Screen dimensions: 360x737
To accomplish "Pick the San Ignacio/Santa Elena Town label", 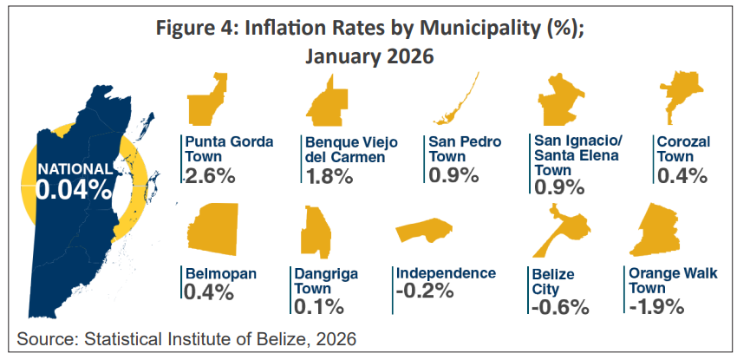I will coord(578,155).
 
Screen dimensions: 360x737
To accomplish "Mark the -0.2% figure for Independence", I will coord(424,291).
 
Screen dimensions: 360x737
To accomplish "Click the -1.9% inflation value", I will coord(656,306).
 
